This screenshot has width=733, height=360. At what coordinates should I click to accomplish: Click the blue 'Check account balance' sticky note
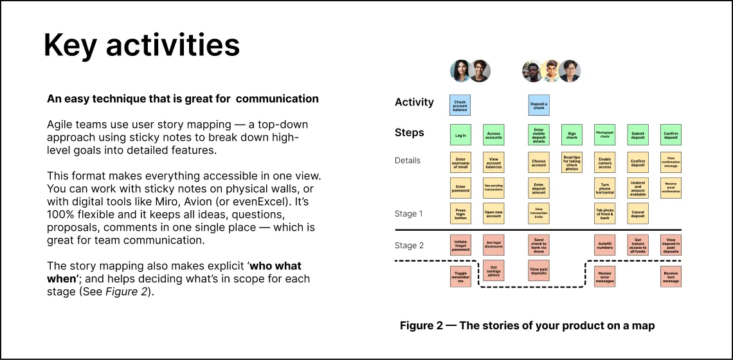pyautogui.click(x=460, y=105)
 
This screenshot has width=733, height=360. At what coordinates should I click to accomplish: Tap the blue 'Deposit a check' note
pyautogui.click(x=538, y=105)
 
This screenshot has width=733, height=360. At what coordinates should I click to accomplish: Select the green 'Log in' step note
pyautogui.click(x=460, y=135)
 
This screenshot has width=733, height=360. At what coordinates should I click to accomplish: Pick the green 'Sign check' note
pyautogui.click(x=572, y=135)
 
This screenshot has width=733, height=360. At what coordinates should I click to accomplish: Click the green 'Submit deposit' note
pyautogui.click(x=637, y=135)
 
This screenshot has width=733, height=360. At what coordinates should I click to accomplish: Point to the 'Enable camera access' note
pyautogui.click(x=604, y=162)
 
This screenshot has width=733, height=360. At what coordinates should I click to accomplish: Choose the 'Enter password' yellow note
pyautogui.click(x=460, y=188)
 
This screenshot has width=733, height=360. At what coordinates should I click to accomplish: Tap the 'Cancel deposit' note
pyautogui.click(x=637, y=213)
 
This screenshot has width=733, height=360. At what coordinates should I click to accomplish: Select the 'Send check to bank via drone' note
pyautogui.click(x=538, y=245)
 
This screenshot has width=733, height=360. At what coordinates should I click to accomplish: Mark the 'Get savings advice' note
pyautogui.click(x=493, y=271)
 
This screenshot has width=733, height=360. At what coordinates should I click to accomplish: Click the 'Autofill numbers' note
pyautogui.click(x=604, y=245)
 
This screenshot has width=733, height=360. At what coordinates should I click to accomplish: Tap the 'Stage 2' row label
pyautogui.click(x=409, y=245)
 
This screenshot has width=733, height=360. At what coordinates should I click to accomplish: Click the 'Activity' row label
pyautogui.click(x=414, y=102)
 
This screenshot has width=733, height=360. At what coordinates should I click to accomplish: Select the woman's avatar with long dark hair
pyautogui.click(x=460, y=71)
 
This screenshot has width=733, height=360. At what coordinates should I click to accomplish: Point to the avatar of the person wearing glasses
pyautogui.click(x=570, y=71)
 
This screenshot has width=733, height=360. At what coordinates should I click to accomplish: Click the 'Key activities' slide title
pyautogui.click(x=141, y=45)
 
